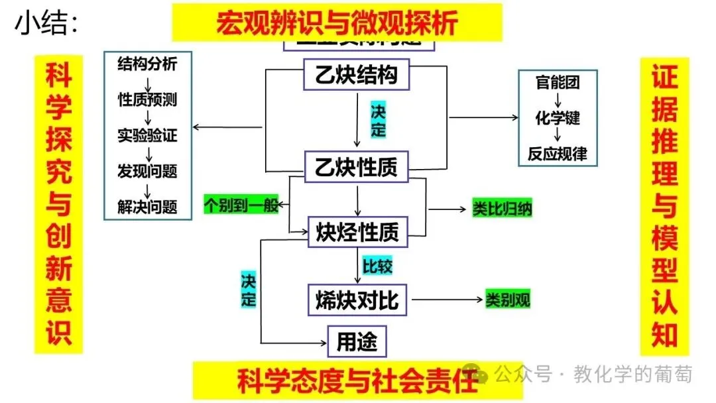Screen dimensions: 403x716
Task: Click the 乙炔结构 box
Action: pos(357,74)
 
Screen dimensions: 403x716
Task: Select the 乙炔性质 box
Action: pos(357,167)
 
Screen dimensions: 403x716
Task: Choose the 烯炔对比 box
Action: pos(357,300)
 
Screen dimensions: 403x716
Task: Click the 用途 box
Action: pos(357,342)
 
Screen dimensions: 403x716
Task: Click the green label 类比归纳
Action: pos(502,209)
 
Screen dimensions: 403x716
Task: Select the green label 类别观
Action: pos(507,300)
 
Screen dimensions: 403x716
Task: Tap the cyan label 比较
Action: pos(377,266)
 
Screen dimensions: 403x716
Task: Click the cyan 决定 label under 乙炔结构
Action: pos(378,120)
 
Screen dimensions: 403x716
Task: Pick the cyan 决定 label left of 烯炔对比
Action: pos(248,288)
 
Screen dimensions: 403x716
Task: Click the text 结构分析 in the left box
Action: pos(147,64)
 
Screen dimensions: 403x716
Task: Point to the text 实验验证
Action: pos(147,136)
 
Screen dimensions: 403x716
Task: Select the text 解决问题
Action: pos(147,206)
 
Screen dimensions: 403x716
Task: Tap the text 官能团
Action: pos(558,83)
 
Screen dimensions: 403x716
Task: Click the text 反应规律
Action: pos(558,154)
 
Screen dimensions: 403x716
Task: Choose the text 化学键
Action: pos(558,118)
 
